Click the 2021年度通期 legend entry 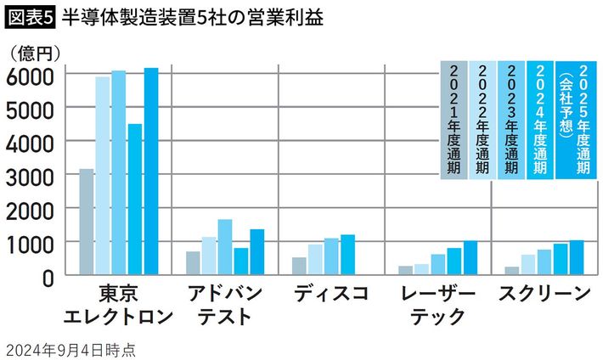click(x=454, y=119)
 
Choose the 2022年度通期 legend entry click(x=482, y=119)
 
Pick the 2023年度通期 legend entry click(x=510, y=119)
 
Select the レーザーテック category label click(x=438, y=306)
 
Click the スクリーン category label click(x=544, y=295)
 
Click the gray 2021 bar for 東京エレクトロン click(x=86, y=222)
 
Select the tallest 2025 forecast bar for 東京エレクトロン click(x=151, y=171)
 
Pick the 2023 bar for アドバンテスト click(x=224, y=246)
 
